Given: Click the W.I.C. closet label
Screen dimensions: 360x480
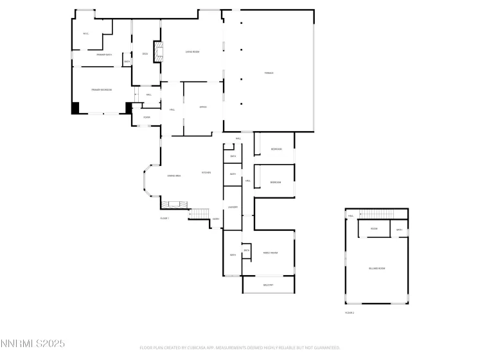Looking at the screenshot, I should [x=85, y=33].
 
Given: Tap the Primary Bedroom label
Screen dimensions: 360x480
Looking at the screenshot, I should [x=102, y=90].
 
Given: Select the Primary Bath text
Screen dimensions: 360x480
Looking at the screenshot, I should [x=104, y=55].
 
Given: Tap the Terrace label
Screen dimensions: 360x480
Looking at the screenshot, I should [x=269, y=73].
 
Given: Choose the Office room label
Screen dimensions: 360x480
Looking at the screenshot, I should [x=202, y=107].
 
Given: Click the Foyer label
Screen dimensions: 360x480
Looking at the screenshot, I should [x=147, y=117].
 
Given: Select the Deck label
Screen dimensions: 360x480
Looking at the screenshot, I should [x=145, y=54].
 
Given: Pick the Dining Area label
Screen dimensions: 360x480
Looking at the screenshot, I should [x=173, y=175].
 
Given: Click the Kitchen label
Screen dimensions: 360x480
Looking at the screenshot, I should [x=206, y=172].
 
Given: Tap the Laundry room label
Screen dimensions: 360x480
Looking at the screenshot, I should [x=233, y=207].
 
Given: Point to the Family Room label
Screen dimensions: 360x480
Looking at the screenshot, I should [x=270, y=253].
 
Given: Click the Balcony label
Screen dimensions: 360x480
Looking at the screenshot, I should [x=269, y=285].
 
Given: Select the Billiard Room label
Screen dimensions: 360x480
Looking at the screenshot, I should [x=377, y=268].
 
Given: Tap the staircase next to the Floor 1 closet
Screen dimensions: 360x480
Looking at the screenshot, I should [x=200, y=213].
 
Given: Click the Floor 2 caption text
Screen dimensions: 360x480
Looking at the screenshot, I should [x=350, y=312].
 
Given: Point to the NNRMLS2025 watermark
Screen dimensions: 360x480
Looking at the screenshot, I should [x=33, y=344].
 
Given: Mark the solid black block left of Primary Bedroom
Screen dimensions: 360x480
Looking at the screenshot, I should [x=75, y=109].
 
